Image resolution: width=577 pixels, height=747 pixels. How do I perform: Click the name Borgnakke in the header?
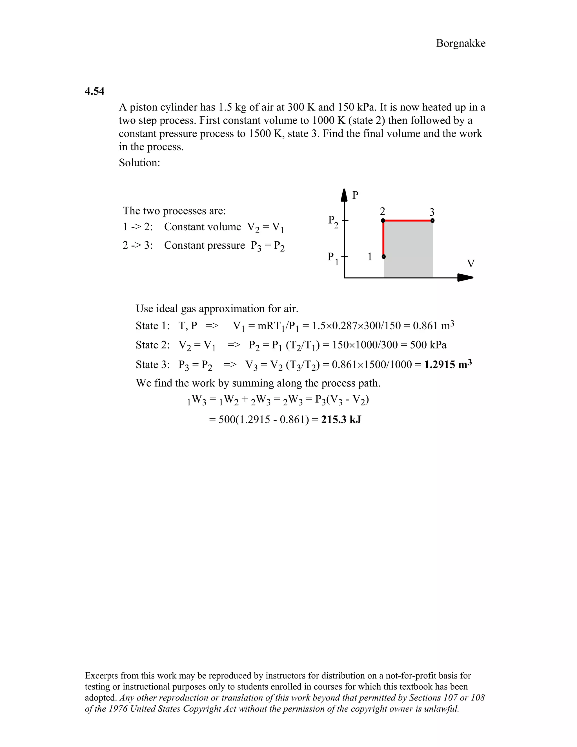[460, 43]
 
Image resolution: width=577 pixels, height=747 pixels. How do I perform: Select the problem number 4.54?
[94, 91]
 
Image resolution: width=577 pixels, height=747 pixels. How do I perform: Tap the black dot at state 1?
[383, 257]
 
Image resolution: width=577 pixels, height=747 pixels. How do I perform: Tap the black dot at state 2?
[383, 221]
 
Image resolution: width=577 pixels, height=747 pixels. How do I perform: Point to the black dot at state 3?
[432, 221]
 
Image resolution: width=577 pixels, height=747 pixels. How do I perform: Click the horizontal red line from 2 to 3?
[408, 221]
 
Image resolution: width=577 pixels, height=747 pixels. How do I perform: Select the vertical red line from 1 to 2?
[383, 239]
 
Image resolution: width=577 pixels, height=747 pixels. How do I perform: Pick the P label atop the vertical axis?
[355, 195]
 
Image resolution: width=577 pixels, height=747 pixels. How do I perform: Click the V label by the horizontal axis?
[471, 264]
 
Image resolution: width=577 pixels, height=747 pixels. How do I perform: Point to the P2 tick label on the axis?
[333, 222]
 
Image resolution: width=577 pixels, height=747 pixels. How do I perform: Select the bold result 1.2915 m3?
[448, 364]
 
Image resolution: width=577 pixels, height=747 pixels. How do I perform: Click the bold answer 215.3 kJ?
[341, 419]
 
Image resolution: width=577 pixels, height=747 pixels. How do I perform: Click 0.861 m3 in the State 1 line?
[433, 325]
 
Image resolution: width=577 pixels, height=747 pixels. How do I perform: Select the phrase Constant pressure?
[205, 245]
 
